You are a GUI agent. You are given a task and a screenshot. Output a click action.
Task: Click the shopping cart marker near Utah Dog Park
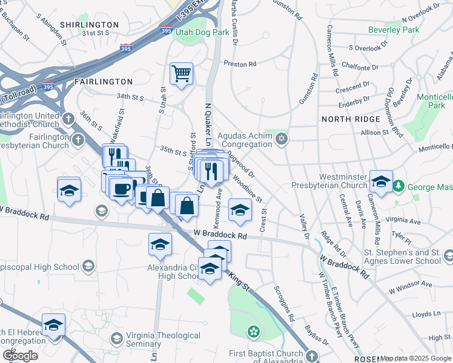tap(181, 74)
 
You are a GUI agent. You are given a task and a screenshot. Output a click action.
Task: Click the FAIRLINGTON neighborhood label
tap(103, 81)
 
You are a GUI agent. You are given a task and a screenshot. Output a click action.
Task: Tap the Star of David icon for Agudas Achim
tap(281, 140)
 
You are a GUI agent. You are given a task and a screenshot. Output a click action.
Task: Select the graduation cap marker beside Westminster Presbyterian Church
tap(381, 181)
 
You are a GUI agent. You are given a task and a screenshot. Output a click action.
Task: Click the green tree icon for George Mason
tap(398, 185)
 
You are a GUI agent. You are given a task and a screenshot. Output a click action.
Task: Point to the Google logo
tap(19, 356)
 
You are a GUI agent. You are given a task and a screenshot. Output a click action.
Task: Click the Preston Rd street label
tap(240, 63)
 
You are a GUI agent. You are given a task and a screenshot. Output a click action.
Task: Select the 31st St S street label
tap(96, 33)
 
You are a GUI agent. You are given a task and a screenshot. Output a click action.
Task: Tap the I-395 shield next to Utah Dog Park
tap(167, 29)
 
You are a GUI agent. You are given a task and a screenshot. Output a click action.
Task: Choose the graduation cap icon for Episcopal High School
tap(88, 266)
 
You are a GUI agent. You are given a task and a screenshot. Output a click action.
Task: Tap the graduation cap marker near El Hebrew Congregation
tap(53, 325)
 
